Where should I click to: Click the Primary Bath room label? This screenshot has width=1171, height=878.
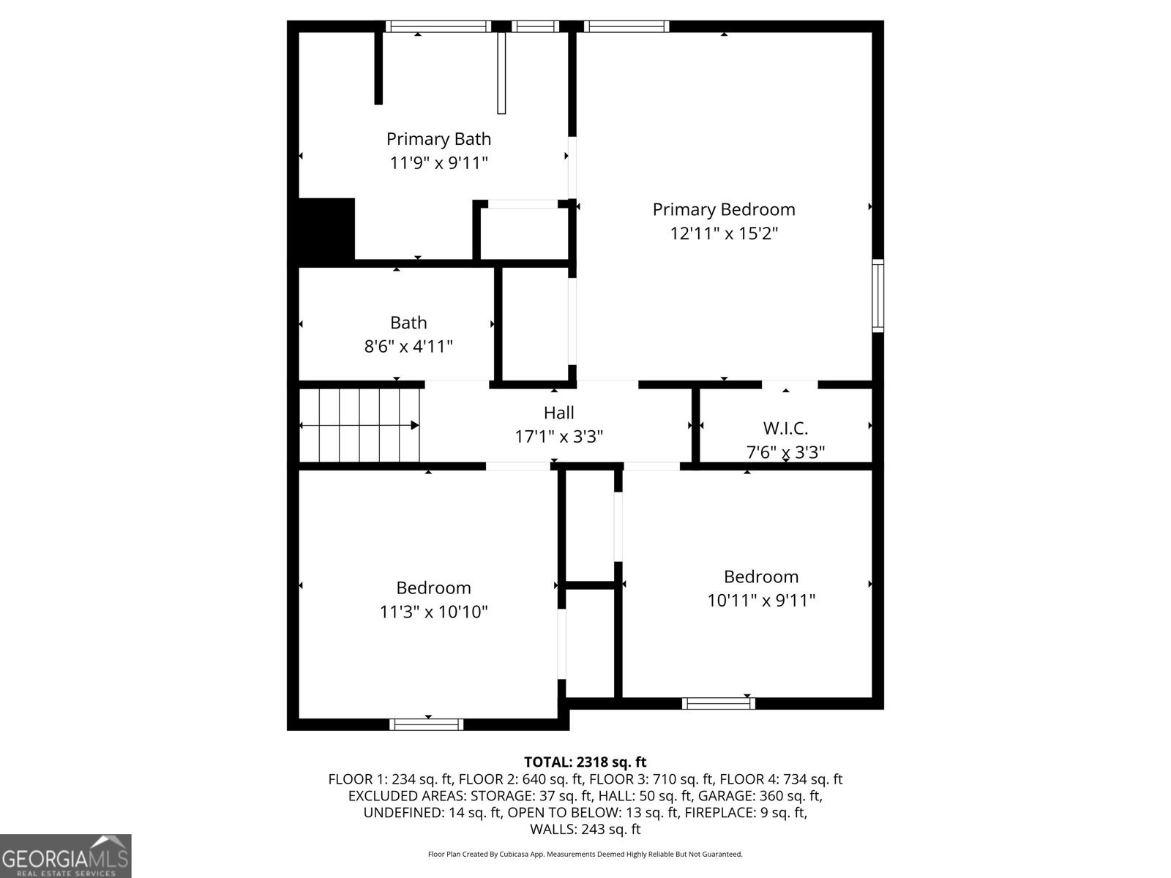(x=438, y=139)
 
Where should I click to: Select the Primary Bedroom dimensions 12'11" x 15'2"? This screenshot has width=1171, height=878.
(x=724, y=233)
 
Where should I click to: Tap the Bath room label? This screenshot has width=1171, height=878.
(x=408, y=323)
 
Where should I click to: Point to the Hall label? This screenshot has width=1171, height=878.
(x=558, y=413)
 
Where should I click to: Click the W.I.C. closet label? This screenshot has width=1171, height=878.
(x=785, y=429)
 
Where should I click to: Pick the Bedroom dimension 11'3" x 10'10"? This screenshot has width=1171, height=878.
(x=433, y=612)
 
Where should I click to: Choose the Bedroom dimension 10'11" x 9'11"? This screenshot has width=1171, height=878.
(x=761, y=601)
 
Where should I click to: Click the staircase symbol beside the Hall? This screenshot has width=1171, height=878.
(x=360, y=425)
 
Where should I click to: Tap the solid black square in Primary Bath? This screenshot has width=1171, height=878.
(x=326, y=229)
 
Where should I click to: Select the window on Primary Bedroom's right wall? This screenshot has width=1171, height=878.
(x=878, y=296)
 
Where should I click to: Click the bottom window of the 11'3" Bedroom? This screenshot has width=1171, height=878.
(x=427, y=724)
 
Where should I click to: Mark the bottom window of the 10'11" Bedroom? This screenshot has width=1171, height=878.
(x=718, y=703)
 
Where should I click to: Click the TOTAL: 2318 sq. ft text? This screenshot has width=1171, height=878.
(x=585, y=762)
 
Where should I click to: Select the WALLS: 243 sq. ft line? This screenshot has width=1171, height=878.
(x=585, y=829)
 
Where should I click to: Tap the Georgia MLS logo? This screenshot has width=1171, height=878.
(x=66, y=856)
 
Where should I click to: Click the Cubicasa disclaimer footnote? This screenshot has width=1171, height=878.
(x=585, y=854)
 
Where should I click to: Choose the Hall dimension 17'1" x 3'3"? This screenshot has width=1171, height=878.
(x=558, y=437)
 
